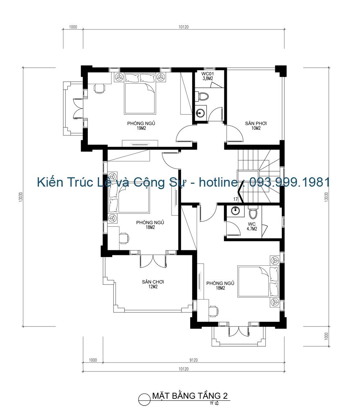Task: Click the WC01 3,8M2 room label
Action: (x=207, y=76)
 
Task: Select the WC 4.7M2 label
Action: (x=252, y=226)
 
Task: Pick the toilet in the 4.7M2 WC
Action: (x=253, y=214)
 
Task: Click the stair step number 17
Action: (x=235, y=199)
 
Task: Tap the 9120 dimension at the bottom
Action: (x=193, y=360)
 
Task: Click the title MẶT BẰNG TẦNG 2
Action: (x=190, y=396)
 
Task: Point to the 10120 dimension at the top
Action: (x=184, y=27)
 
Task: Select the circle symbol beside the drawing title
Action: (x=144, y=399)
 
